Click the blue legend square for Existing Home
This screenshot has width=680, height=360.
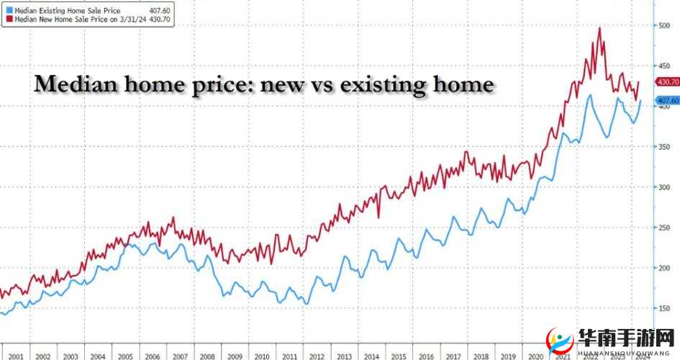[8, 9]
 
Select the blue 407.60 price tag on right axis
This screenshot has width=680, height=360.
[667, 100]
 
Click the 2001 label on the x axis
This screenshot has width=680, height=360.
[17, 356]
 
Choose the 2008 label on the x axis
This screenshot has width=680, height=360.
[207, 356]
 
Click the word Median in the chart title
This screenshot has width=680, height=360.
[70, 86]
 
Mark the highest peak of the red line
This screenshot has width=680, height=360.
[599, 28]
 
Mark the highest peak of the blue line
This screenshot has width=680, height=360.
[590, 95]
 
